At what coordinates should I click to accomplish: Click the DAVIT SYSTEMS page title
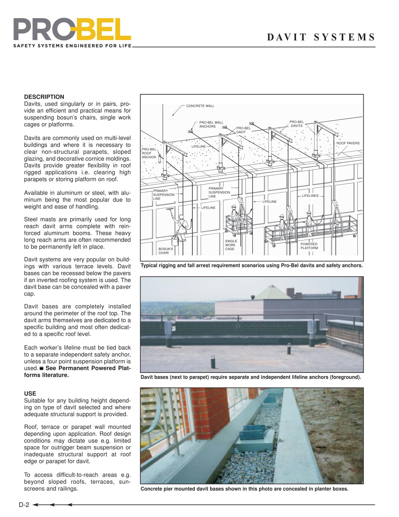tap(321, 37)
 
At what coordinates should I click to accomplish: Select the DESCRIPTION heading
tap(44, 97)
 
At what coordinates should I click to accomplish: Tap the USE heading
tap(30, 394)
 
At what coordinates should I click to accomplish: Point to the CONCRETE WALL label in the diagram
tap(200, 106)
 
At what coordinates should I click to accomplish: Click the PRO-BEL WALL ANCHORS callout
tap(211, 124)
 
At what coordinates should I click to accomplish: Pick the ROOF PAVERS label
tap(348, 143)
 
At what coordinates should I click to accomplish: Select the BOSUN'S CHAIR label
tap(166, 251)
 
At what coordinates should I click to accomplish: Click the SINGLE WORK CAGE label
tap(231, 245)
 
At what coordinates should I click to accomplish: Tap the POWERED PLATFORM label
tap(309, 246)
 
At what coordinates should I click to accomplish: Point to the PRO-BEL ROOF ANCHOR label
tap(149, 153)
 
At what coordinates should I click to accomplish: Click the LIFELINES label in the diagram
tap(310, 196)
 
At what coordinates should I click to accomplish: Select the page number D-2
tap(24, 505)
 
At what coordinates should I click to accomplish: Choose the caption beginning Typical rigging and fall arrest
tap(252, 266)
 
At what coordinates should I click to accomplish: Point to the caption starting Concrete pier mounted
tap(244, 489)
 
